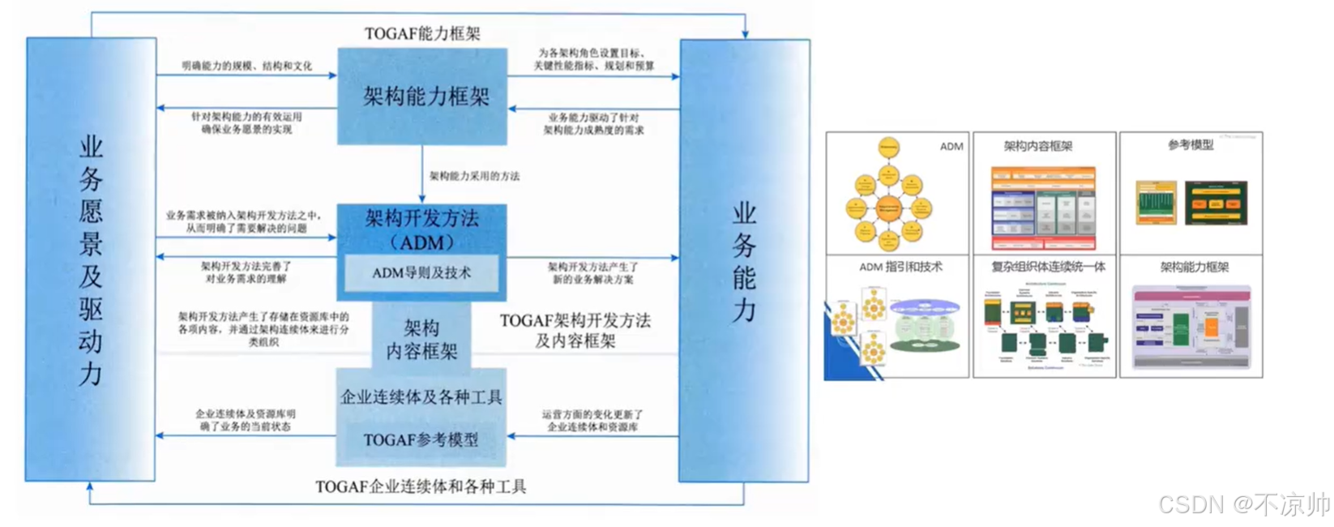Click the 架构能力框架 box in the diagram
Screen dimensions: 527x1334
click(422, 96)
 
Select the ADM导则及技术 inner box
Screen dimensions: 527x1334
click(421, 273)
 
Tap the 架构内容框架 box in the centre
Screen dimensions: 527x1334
click(421, 339)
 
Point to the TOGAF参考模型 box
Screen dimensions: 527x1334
click(421, 440)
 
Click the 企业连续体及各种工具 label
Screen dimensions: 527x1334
click(421, 397)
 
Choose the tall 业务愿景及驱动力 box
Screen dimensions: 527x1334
click(91, 259)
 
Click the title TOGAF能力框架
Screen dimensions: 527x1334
click(422, 33)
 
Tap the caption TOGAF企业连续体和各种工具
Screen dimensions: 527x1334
click(421, 486)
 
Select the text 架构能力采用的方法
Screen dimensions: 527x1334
click(474, 176)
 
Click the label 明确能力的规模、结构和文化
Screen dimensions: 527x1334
click(246, 66)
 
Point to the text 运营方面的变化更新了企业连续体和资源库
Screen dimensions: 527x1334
click(592, 420)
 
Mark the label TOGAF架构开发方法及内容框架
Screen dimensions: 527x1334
click(575, 331)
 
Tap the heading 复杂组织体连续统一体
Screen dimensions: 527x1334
click(1048, 266)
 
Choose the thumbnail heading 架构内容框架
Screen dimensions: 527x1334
click(1037, 146)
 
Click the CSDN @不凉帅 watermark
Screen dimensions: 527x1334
click(1243, 504)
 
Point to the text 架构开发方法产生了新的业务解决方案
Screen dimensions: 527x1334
click(593, 272)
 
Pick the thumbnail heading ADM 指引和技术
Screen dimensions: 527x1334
click(900, 266)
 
